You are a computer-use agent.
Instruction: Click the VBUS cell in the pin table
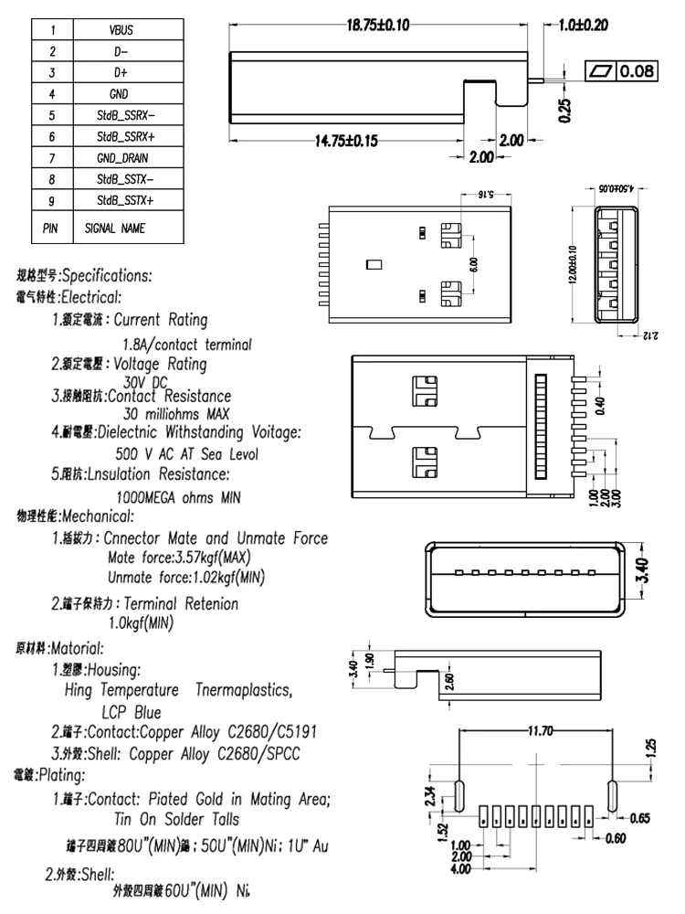pyautogui.click(x=120, y=30)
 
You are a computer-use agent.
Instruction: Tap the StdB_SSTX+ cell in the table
pyautogui.click(x=125, y=200)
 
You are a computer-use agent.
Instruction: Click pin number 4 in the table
pyautogui.click(x=53, y=94)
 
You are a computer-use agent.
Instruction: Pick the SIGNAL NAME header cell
pyautogui.click(x=120, y=227)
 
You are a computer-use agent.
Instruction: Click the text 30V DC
pyautogui.click(x=146, y=383)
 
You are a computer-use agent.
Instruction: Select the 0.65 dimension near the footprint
pyautogui.click(x=638, y=818)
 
